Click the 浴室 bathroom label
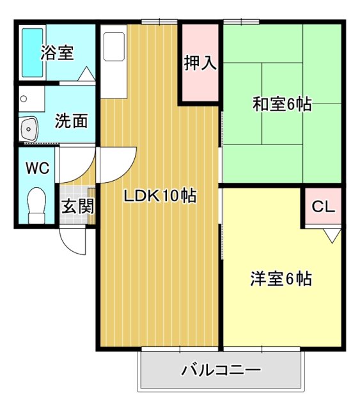[57, 53]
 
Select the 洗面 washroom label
[70, 121]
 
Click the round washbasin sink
[29, 130]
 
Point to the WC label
[37, 168]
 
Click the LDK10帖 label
[160, 196]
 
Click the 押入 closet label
[200, 63]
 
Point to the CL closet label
[322, 206]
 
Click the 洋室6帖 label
[281, 279]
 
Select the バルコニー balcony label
[221, 371]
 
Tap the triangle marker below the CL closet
[331, 236]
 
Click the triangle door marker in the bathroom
[86, 73]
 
